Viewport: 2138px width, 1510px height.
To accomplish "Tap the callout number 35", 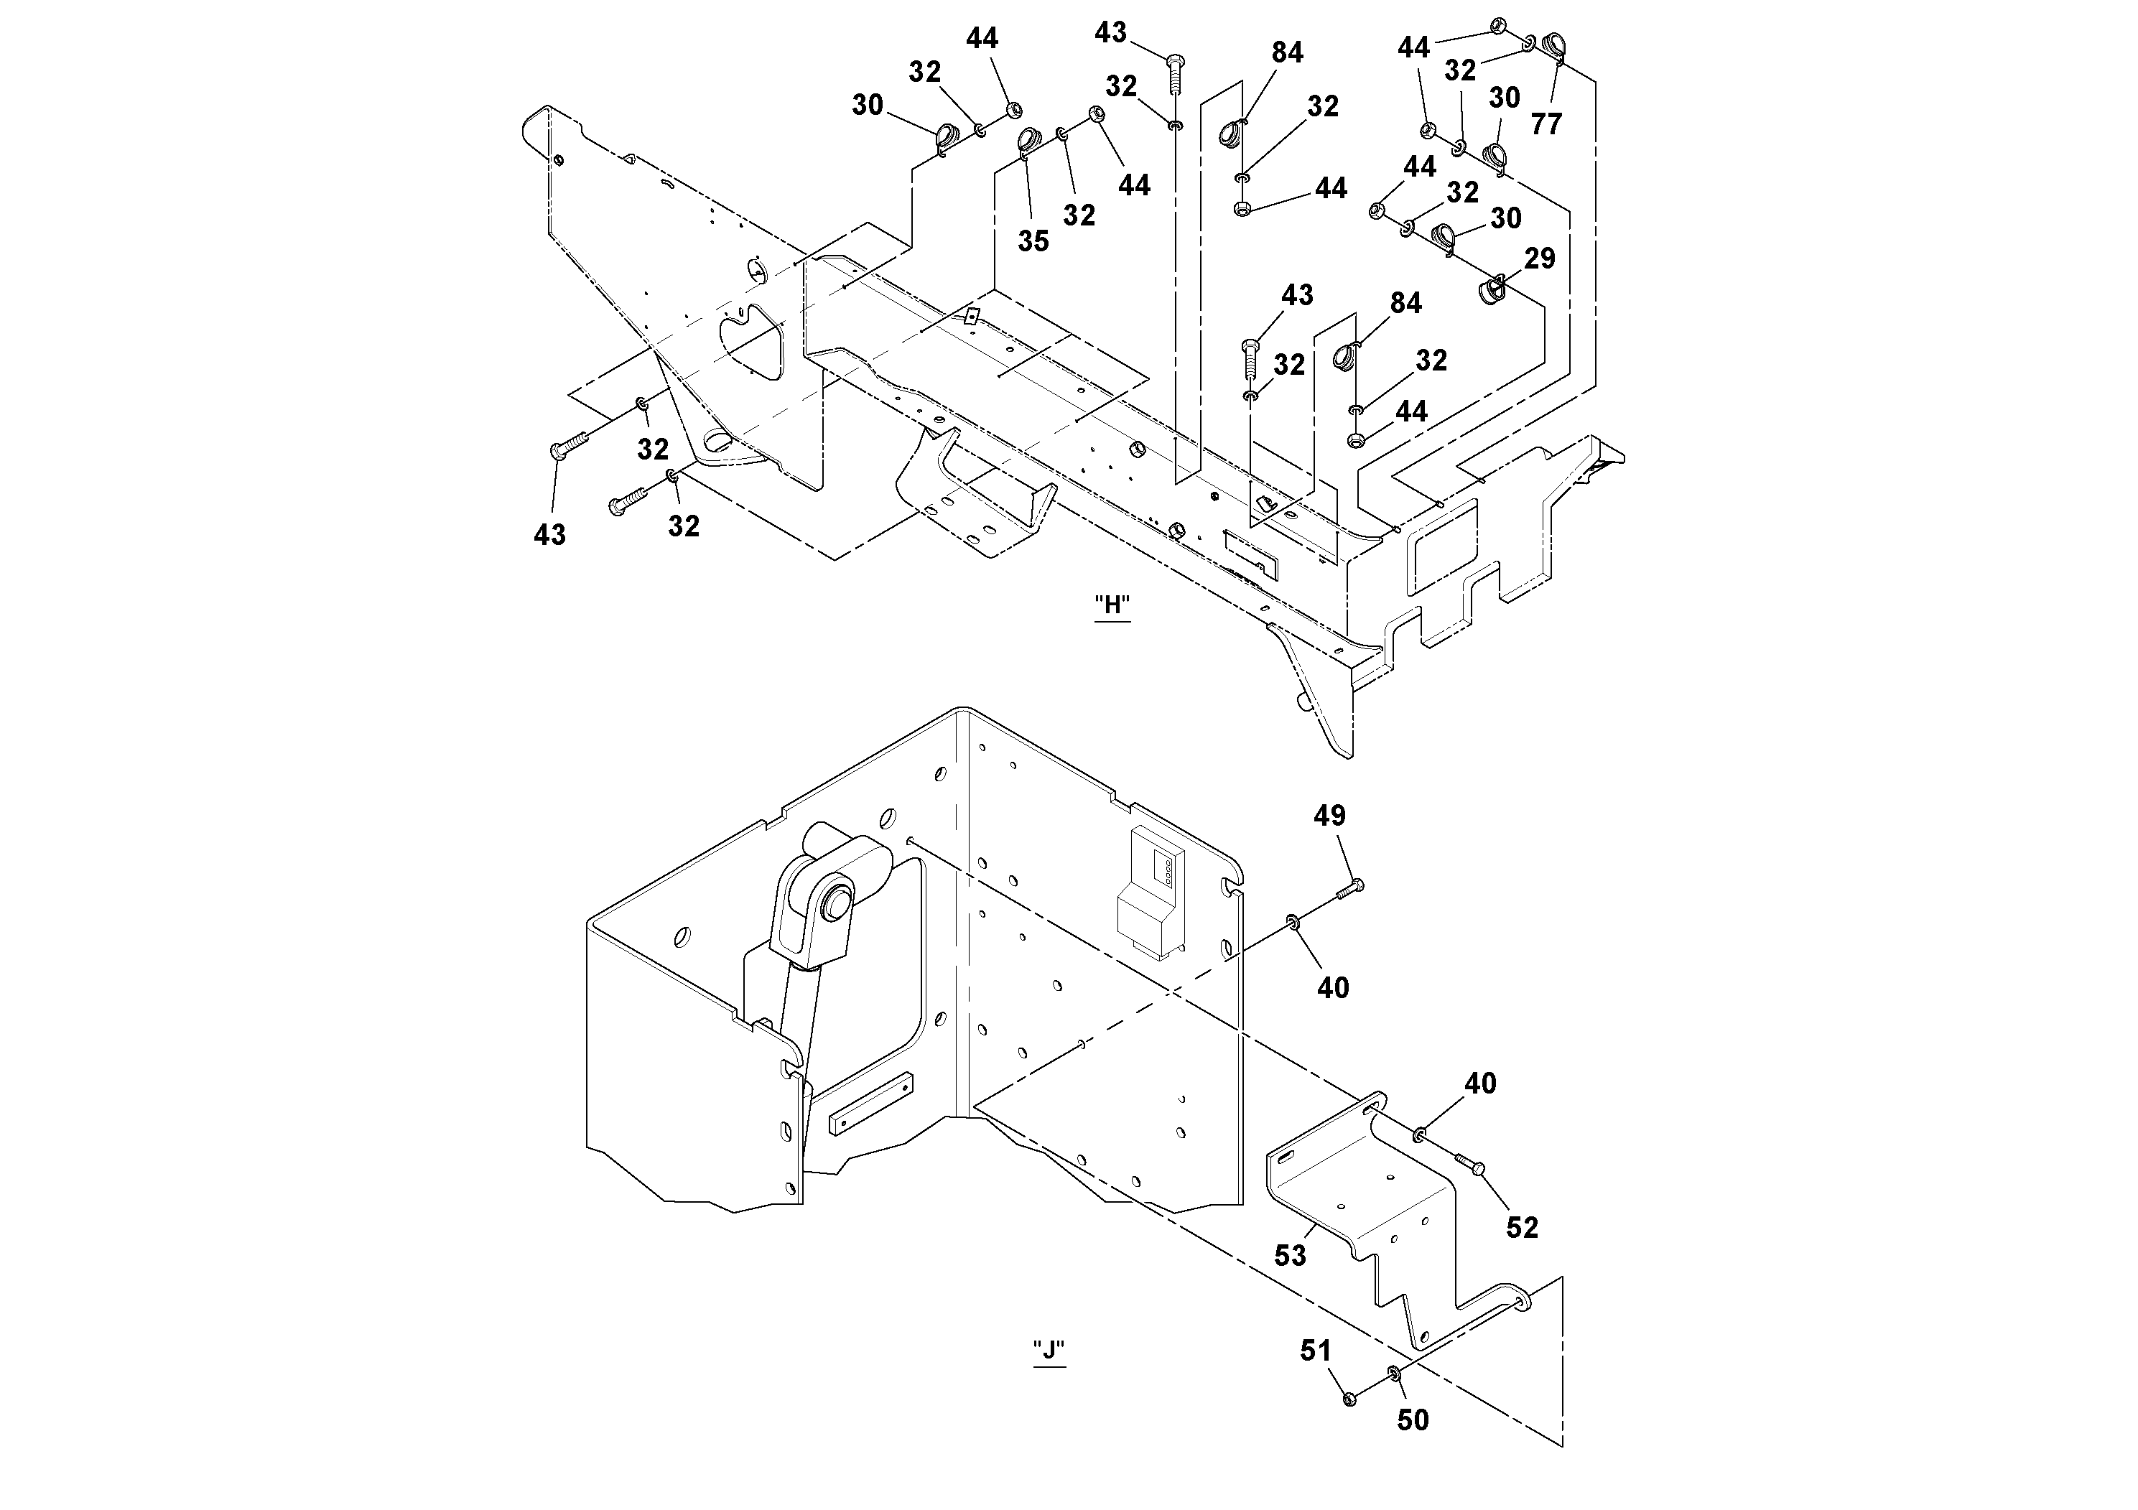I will [x=1033, y=241].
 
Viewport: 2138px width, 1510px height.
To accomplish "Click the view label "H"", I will [x=1112, y=606].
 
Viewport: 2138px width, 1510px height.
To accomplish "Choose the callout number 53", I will [x=1290, y=1256].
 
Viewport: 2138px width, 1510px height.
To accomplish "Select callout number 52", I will [x=1522, y=1227].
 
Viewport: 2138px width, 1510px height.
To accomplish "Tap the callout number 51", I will [x=1315, y=1350].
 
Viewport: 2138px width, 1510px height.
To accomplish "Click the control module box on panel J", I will [x=1153, y=894].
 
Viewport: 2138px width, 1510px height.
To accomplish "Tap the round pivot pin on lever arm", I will [x=835, y=903].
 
